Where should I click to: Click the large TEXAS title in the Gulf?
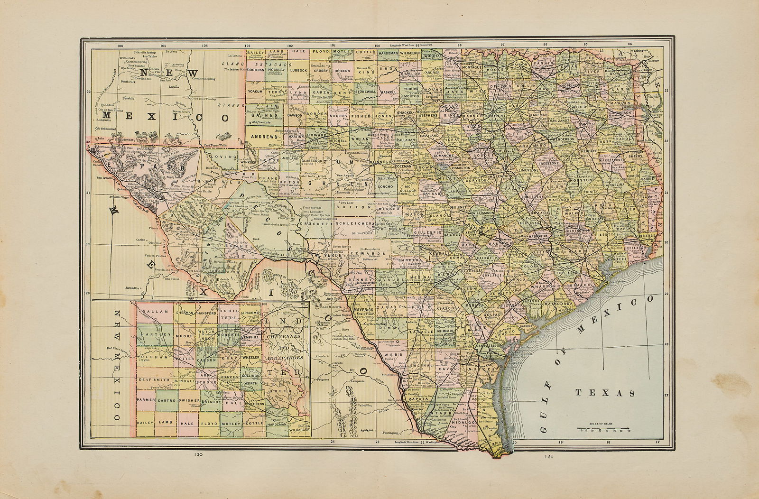(605, 393)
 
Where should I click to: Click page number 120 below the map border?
(198, 455)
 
